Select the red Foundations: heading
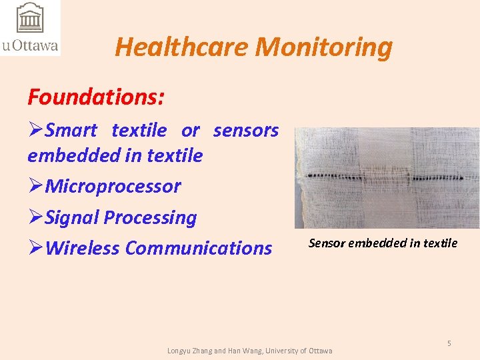point(96,97)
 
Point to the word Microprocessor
point(113,186)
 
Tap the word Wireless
point(83,248)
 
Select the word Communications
point(199,248)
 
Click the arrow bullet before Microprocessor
point(35,186)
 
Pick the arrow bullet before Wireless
point(35,248)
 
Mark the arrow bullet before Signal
point(35,217)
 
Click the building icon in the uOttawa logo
point(30,19)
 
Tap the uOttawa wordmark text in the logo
point(30,46)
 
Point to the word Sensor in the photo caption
point(327,243)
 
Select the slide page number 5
point(449,343)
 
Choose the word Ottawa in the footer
point(319,351)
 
